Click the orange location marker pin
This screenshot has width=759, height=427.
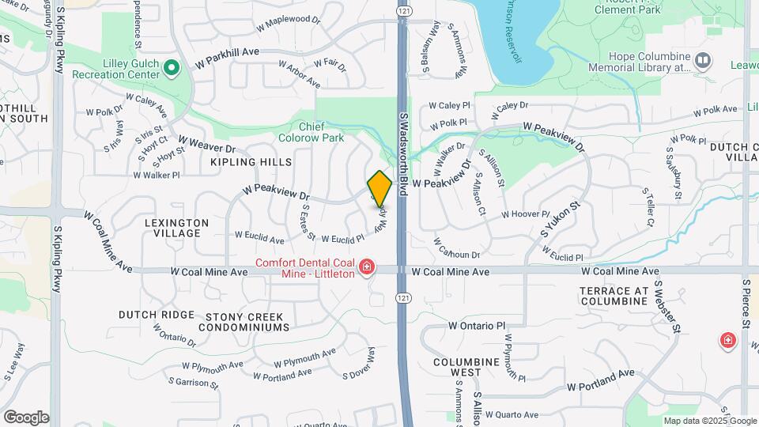click(379, 188)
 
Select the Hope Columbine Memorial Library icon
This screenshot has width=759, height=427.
click(702, 60)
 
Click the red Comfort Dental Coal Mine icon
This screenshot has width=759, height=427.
click(366, 268)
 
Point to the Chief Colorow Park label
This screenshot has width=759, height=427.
click(322, 132)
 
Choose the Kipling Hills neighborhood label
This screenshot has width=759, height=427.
click(251, 162)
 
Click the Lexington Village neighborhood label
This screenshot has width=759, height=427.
click(177, 228)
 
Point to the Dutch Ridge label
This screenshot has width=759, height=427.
click(157, 315)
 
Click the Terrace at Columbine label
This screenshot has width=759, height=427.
click(614, 297)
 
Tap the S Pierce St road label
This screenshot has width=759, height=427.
click(746, 309)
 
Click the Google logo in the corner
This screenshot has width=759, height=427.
click(26, 417)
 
